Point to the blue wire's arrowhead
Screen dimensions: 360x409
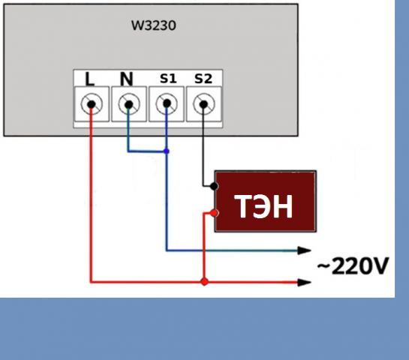[305, 250]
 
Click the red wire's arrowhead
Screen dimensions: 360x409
[305, 282]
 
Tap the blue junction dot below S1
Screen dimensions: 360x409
[167, 152]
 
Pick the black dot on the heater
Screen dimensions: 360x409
[215, 185]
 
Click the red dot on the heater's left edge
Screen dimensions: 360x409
[215, 213]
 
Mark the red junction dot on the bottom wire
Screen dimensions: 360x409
[203, 282]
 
